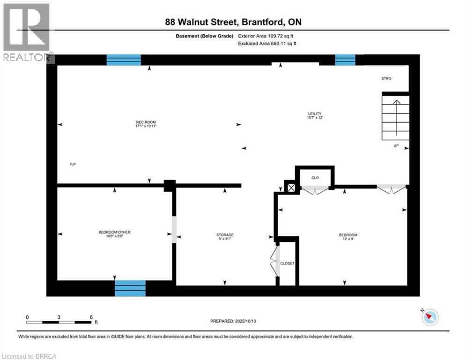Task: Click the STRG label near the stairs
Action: point(386,78)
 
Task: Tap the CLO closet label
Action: point(315,178)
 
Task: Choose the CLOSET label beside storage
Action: point(287,263)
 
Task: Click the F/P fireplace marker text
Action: point(73,165)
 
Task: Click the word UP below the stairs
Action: point(396,146)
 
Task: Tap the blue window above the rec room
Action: point(124,60)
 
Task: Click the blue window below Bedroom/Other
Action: point(130,288)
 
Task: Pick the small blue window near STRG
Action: point(345,60)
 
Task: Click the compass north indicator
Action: point(429,317)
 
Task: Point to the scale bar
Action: point(59,322)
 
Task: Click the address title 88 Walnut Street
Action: point(233,22)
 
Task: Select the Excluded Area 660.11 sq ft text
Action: point(267,43)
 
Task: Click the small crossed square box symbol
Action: point(291,187)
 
